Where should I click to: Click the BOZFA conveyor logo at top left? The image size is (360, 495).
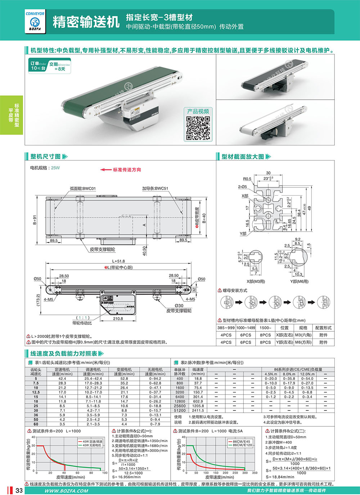[x=35, y=22]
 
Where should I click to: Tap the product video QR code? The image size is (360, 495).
[x=198, y=128]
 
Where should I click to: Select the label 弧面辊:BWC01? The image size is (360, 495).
[x=83, y=189]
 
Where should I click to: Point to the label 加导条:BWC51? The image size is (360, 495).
[x=155, y=189]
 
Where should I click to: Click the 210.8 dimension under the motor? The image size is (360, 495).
[x=118, y=319]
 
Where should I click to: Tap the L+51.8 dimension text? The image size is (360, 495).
[x=118, y=261]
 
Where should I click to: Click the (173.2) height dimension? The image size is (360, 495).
[x=38, y=300]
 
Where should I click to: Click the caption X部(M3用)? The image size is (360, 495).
[x=256, y=281]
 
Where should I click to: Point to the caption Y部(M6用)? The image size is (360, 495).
[x=300, y=281]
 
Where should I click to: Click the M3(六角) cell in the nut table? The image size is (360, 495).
[x=303, y=335]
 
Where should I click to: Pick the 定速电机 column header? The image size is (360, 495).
[x=62, y=369]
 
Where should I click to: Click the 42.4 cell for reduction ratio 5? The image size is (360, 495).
[x=62, y=378]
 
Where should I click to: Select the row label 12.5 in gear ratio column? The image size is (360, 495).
[x=36, y=392]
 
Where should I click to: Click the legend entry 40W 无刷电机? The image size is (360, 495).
[x=93, y=445]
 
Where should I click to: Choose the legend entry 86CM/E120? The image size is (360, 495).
[x=242, y=445]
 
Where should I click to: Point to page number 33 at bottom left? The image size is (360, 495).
[x=19, y=491]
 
